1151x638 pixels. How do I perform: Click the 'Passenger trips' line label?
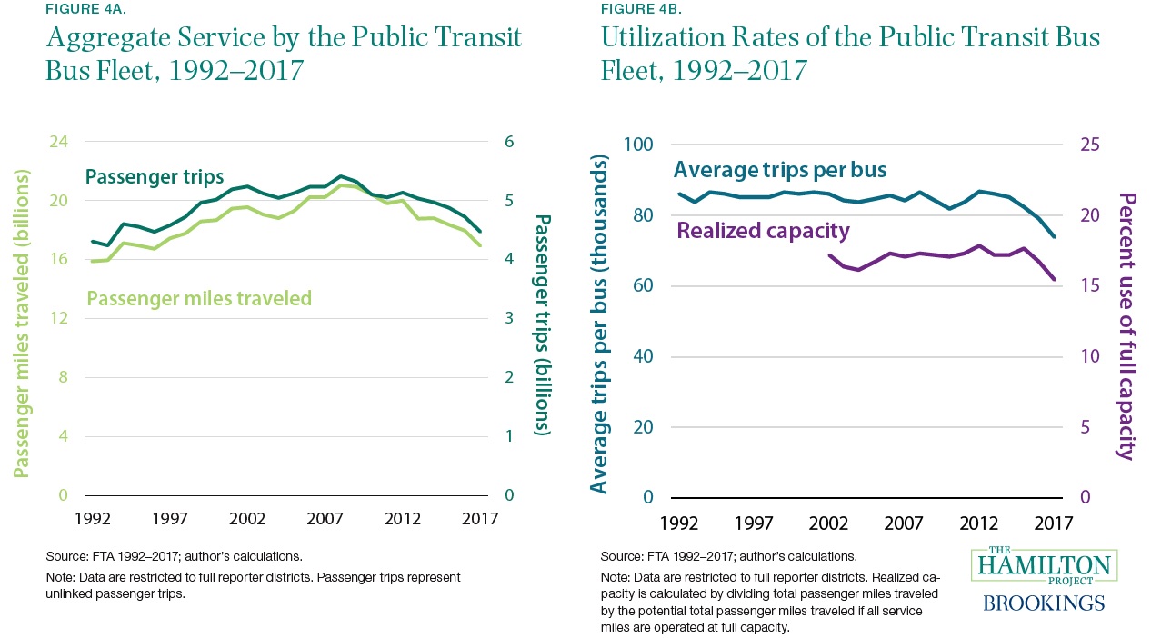[x=154, y=177]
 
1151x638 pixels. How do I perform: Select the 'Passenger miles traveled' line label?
[x=199, y=298]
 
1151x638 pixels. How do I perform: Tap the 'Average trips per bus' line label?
[x=780, y=170]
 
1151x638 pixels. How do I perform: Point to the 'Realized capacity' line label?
[x=762, y=231]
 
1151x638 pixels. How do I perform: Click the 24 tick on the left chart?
[x=57, y=142]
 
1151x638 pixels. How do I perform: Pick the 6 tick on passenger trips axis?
[x=510, y=142]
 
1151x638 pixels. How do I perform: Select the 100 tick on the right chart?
[x=638, y=145]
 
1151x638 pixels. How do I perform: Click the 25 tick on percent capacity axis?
[x=1090, y=145]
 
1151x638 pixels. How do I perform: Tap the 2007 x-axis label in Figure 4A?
[x=325, y=519]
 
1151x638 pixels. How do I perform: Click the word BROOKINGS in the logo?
[x=1044, y=603]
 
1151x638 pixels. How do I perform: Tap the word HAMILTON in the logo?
[x=1044, y=566]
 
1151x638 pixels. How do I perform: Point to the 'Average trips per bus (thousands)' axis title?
[x=600, y=325]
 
